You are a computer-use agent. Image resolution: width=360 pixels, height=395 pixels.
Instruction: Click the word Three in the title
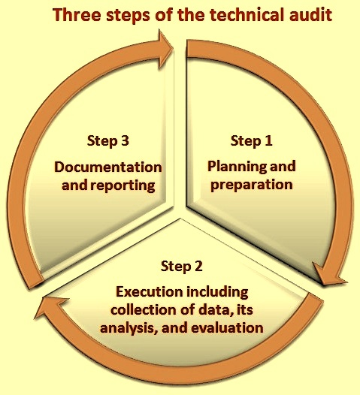click(x=77, y=14)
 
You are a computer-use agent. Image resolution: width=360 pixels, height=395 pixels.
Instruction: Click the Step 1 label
click(x=251, y=141)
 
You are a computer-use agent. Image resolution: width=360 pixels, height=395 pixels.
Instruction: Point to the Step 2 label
click(x=182, y=267)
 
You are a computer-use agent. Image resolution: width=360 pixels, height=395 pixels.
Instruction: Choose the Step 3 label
click(x=108, y=141)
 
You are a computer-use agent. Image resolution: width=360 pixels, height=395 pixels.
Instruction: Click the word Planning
click(x=234, y=167)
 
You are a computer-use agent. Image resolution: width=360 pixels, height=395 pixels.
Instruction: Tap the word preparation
click(x=252, y=185)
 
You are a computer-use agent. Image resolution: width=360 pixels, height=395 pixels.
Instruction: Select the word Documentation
click(x=108, y=167)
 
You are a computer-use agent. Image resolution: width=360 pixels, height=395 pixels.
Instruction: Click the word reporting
click(x=123, y=186)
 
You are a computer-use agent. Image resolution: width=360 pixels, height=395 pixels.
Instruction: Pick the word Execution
click(x=150, y=292)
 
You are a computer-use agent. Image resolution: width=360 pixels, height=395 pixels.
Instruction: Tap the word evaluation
click(x=227, y=327)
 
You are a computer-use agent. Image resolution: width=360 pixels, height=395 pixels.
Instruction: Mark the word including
click(x=217, y=293)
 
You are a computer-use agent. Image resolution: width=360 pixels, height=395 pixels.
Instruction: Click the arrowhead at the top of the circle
click(x=165, y=49)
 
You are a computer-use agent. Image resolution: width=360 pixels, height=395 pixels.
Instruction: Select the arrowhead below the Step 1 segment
click(x=328, y=276)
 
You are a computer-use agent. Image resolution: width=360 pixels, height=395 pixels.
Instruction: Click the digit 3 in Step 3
click(x=124, y=140)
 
